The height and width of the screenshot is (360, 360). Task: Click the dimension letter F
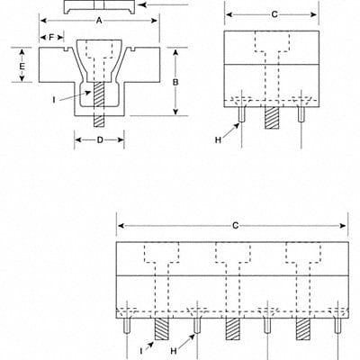point(51,37)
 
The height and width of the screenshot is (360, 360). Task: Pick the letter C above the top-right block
point(274,15)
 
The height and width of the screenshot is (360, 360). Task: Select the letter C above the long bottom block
point(232,225)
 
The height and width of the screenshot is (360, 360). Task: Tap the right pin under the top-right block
point(301,115)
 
